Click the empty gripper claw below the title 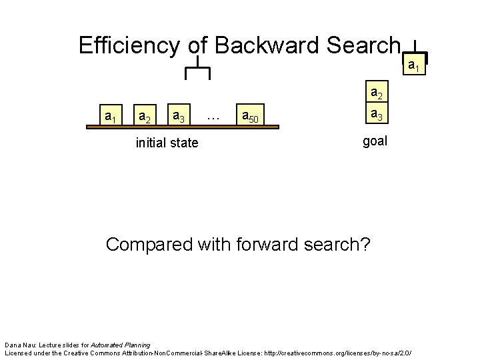197,69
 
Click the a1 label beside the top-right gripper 413,65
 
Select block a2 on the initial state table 142,118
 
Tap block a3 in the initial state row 178,118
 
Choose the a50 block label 251,118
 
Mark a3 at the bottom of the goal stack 377,115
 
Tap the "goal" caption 375,141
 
